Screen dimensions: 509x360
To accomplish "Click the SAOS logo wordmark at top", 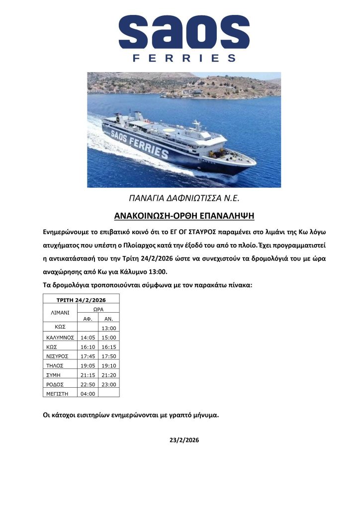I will pos(184,32).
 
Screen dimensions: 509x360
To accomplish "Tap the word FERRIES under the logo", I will pos(184,58).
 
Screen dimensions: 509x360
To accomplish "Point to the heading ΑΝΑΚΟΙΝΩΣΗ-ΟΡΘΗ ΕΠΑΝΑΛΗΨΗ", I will pos(184,216).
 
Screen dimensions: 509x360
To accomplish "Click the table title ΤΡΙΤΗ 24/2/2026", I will pos(82,300).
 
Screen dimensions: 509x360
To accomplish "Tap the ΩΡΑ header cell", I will pos(98,309).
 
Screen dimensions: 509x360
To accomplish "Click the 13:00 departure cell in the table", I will pos(108,328).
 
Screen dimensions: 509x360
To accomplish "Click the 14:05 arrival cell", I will pos(88,337).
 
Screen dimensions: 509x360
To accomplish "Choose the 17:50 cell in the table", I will pos(108,355).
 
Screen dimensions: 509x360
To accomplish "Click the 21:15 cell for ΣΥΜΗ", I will pos(88,374).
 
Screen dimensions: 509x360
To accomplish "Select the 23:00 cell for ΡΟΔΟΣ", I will pos(108,384).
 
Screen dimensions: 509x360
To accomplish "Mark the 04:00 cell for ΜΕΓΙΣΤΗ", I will pos(88,393).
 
